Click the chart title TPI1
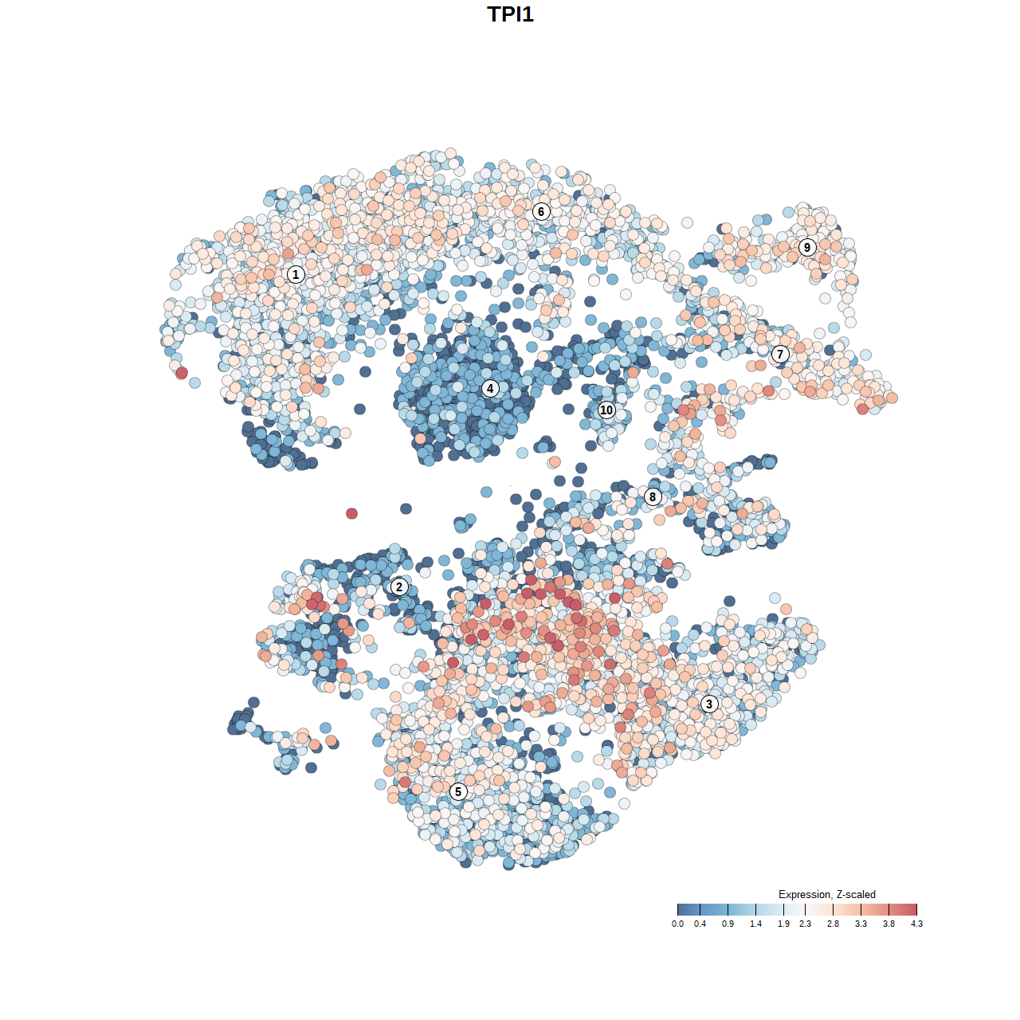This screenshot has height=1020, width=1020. (x=510, y=14)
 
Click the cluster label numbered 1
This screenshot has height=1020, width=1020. (x=296, y=274)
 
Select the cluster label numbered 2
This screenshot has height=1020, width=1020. (x=399, y=587)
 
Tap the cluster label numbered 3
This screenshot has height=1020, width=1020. (x=709, y=704)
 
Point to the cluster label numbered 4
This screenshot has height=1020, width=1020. (x=490, y=389)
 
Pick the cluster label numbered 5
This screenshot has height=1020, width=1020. (x=458, y=791)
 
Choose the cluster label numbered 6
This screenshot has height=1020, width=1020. (x=541, y=211)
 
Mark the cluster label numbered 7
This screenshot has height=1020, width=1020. (x=780, y=355)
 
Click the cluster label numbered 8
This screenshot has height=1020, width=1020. (x=653, y=497)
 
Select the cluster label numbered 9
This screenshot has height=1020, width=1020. (x=807, y=247)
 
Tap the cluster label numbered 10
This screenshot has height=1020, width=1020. (x=606, y=410)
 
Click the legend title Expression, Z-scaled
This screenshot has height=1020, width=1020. (x=826, y=894)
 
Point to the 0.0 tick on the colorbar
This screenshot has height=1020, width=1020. (x=677, y=924)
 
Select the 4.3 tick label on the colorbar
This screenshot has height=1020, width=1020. (x=916, y=924)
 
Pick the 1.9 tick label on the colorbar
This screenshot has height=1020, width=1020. (x=784, y=924)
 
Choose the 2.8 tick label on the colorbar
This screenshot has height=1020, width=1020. (x=833, y=924)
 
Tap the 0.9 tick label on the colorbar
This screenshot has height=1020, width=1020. (x=728, y=924)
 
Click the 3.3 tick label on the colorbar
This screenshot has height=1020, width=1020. (x=861, y=924)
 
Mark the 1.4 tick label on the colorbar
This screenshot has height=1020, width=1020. (x=755, y=924)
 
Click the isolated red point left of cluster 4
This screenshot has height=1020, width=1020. (x=351, y=513)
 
